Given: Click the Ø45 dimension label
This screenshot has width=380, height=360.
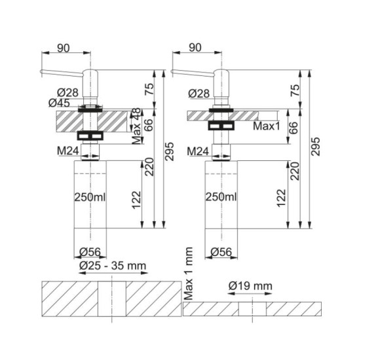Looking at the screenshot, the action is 59,103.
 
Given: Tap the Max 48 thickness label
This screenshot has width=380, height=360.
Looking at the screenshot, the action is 136,126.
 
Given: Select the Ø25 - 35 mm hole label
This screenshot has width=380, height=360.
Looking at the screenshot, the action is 113,266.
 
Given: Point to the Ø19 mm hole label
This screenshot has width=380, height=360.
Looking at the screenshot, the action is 250,286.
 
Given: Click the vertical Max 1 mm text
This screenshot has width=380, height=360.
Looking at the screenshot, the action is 188,274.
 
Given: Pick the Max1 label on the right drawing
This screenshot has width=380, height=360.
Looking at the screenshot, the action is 267,126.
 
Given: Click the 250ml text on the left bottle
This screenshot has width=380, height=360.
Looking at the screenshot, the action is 90,197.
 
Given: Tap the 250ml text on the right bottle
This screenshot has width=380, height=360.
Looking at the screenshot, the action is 221,197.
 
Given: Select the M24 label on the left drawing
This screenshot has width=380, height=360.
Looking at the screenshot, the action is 68,151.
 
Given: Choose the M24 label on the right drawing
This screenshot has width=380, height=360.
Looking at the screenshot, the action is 198,152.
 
